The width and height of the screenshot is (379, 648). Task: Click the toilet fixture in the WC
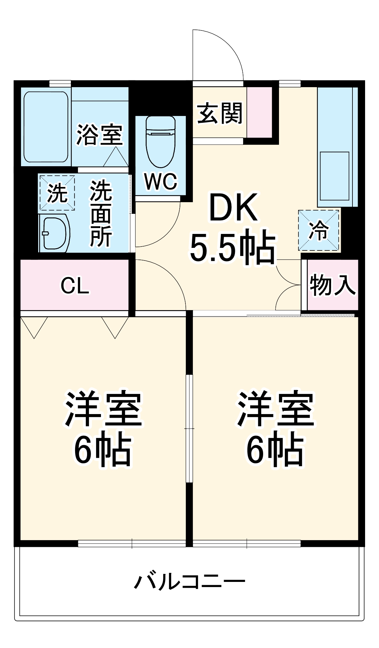coord(160,143)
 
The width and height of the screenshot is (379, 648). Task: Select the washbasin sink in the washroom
coord(54,233)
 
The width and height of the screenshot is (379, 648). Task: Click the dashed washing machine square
coord(57,193)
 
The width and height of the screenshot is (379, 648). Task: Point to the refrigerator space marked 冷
coord(319,230)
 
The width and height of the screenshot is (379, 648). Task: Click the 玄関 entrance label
coord(220,113)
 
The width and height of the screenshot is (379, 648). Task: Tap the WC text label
coord(161,181)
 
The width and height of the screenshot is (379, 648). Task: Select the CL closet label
coord(75,286)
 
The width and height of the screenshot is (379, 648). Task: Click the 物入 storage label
coord(332,285)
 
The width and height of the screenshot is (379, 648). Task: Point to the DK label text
coord(234,207)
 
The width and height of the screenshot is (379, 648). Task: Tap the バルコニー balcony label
coord(190,581)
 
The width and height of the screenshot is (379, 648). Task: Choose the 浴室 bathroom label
coord(99,134)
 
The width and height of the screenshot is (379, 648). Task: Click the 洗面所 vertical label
coord(101,214)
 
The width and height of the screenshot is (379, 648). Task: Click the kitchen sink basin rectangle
coord(334,176)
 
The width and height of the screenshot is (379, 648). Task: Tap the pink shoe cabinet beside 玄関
coord(259,112)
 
